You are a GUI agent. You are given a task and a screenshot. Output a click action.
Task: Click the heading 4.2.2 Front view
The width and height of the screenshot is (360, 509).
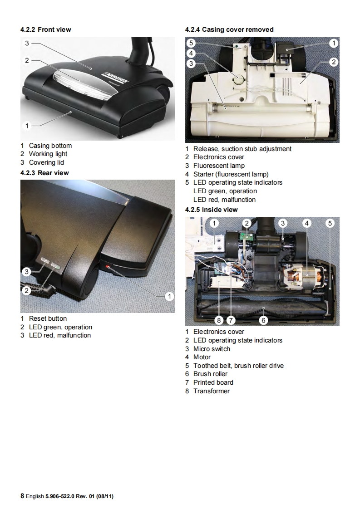pyautogui.click(x=45, y=29)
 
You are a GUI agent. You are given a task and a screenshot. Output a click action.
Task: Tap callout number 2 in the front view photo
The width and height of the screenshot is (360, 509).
pyautogui.click(x=27, y=60)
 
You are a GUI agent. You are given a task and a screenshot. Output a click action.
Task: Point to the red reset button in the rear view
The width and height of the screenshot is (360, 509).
pyautogui.click(x=108, y=266)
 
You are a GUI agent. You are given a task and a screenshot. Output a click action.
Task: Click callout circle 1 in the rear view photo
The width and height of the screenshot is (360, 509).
pyautogui.click(x=169, y=297)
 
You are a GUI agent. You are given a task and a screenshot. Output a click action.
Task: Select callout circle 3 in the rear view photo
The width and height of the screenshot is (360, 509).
pyautogui.click(x=27, y=272)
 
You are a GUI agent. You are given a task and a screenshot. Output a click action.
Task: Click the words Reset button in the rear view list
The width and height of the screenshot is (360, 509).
pyautogui.click(x=48, y=318)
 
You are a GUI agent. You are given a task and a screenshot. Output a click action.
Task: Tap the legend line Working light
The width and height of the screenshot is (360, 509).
pyautogui.click(x=48, y=154)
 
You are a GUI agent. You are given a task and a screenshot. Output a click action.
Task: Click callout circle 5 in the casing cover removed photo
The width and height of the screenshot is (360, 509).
pyautogui.click(x=191, y=44)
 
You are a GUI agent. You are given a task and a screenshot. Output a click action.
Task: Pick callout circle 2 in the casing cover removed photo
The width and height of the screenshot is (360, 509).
pyautogui.click(x=333, y=62)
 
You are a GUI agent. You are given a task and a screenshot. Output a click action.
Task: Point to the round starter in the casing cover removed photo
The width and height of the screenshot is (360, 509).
pyautogui.click(x=238, y=80)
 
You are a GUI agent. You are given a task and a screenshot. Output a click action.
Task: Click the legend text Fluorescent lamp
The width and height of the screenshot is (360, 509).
pyautogui.click(x=219, y=166)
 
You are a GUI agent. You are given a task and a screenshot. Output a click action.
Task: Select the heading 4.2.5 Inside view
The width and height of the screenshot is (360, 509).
pyautogui.click(x=211, y=210)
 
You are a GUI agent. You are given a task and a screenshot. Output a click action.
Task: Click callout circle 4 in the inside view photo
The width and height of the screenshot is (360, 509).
pyautogui.click(x=307, y=223)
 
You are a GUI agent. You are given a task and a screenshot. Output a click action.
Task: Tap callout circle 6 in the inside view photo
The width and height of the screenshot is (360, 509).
pyautogui.click(x=263, y=321)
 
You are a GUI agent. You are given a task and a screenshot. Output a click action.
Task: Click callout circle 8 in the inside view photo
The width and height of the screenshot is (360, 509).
pyautogui.click(x=219, y=321)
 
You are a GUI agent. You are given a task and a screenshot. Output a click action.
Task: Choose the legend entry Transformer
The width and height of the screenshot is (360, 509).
pyautogui.click(x=211, y=391)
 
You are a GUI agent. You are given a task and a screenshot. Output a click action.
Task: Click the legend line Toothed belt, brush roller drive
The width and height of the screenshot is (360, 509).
pyautogui.click(x=238, y=366)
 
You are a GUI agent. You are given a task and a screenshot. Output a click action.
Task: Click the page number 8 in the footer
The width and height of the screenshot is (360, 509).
pyautogui.click(x=22, y=496)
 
